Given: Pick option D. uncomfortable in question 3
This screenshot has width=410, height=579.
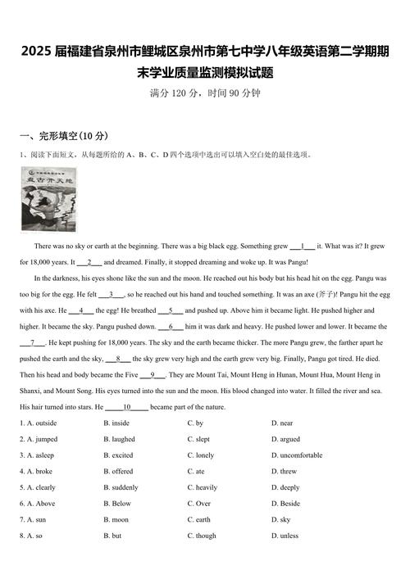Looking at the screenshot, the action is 297,455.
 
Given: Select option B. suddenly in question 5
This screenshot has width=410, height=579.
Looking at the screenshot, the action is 124,487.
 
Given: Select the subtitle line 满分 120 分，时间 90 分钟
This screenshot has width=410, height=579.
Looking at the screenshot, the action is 205,93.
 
